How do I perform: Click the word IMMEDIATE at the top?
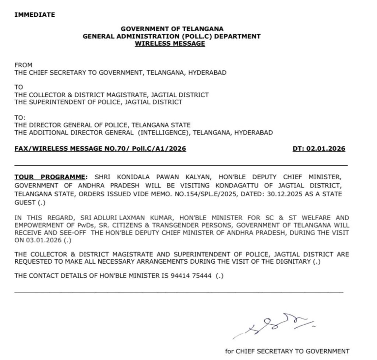[x=35, y=15]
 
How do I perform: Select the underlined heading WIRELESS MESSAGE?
[x=170, y=43]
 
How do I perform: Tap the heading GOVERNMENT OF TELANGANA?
[x=172, y=29]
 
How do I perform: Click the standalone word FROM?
[x=23, y=65]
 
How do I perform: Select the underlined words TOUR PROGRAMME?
[x=51, y=177]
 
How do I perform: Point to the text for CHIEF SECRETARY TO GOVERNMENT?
[x=287, y=351]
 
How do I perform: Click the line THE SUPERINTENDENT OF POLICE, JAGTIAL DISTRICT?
[x=98, y=102]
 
